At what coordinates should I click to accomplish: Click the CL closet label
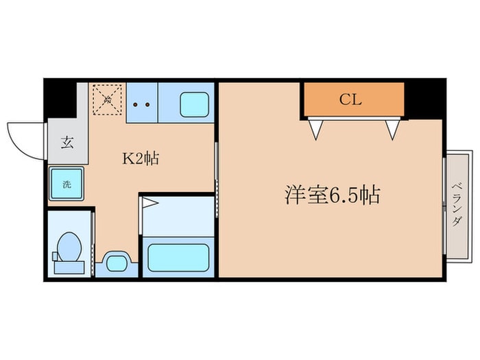coord(351,99)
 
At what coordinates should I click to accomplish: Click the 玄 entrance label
coord(67,143)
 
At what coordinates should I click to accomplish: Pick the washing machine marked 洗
coord(67,184)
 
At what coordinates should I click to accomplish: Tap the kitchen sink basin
coord(194,105)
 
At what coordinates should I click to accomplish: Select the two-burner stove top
coord(142,104)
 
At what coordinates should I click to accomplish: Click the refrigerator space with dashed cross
coord(107,101)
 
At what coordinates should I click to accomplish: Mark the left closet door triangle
coord(316,128)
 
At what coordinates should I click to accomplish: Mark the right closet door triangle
coord(392,128)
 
